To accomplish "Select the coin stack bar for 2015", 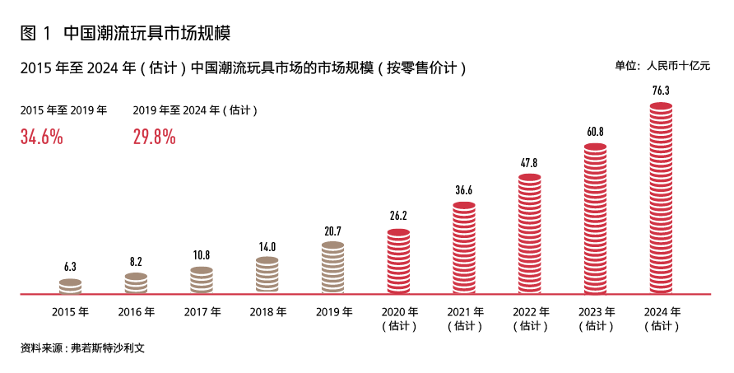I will coord(71,286).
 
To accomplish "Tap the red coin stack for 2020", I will coord(398,261).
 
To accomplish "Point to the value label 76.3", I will coord(661,91).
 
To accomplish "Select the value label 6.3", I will coord(71,267).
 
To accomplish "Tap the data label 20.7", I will coord(333,231).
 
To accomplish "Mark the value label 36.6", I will coord(464,190).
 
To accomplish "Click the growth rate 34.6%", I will coord(42,137).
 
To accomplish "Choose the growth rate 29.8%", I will coord(155,137).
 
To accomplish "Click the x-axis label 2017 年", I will coord(202,312).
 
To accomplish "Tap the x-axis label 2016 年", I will coord(137,312).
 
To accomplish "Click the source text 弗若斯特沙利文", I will coord(108,347).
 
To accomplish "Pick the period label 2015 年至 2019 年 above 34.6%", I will coord(63,110).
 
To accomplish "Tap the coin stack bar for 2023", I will coord(596,218).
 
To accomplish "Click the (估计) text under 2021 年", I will coord(465,326).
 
